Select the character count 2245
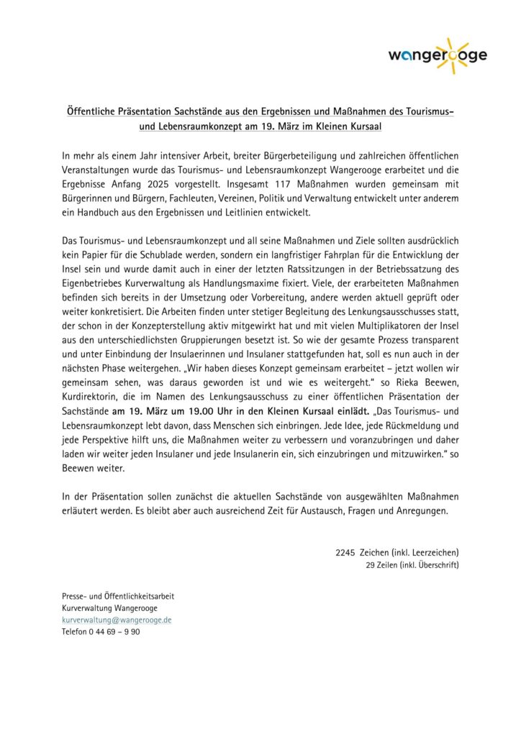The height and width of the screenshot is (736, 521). pyautogui.click(x=345, y=553)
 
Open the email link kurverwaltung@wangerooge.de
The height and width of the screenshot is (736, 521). pyautogui.click(x=117, y=620)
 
